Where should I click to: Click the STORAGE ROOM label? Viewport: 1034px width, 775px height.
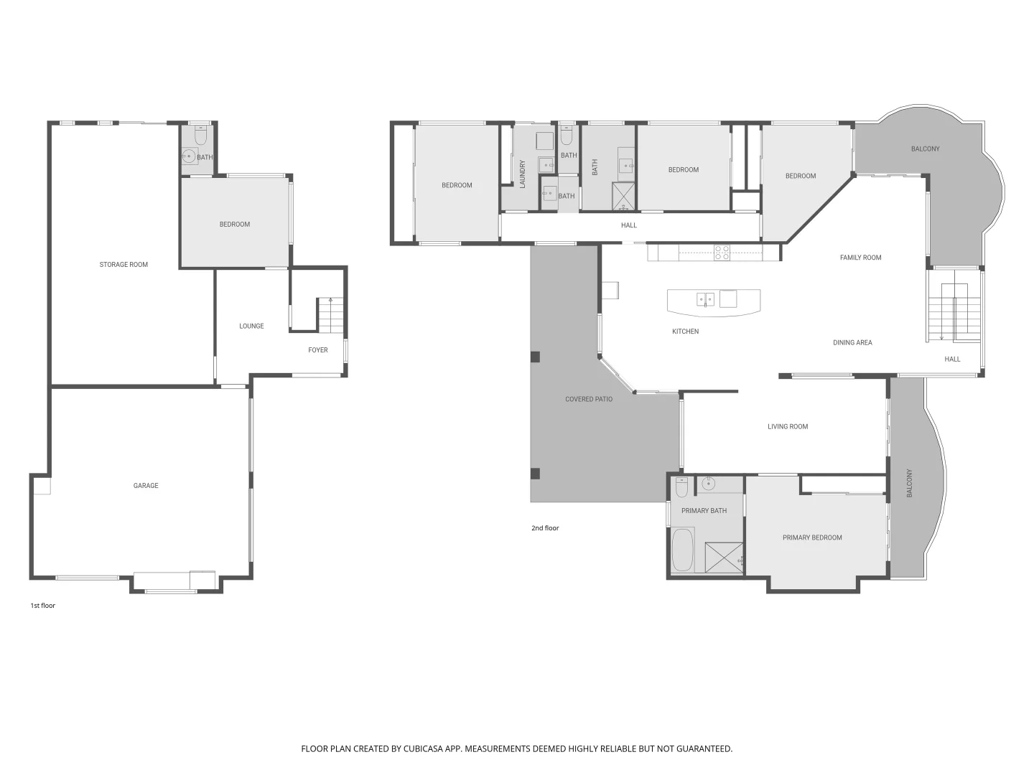click(x=124, y=265)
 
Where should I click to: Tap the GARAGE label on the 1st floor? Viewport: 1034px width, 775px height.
click(x=146, y=486)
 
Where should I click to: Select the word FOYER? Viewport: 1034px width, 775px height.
click(x=317, y=350)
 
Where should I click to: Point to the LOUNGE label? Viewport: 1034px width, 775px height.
click(x=251, y=326)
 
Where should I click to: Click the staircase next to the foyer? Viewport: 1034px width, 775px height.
click(x=330, y=315)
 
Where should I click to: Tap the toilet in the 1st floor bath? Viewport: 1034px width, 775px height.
click(x=200, y=135)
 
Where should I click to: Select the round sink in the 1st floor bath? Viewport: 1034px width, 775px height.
click(x=189, y=156)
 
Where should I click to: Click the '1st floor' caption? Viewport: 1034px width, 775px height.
click(x=42, y=606)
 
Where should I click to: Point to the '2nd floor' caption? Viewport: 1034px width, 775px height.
click(x=545, y=528)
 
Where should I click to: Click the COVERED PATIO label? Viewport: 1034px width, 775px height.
click(x=589, y=399)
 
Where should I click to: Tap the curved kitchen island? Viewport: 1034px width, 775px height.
click(x=713, y=301)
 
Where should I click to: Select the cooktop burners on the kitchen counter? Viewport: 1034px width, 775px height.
click(x=722, y=252)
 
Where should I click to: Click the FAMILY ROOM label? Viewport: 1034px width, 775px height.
click(x=860, y=258)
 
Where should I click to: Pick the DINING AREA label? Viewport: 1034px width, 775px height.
click(x=852, y=343)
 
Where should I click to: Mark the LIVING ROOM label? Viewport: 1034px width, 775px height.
click(x=788, y=426)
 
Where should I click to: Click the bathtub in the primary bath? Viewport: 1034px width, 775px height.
click(x=683, y=550)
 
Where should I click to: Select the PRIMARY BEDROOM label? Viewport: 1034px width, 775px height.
click(x=812, y=537)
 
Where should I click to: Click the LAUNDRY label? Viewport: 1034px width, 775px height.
click(x=523, y=174)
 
